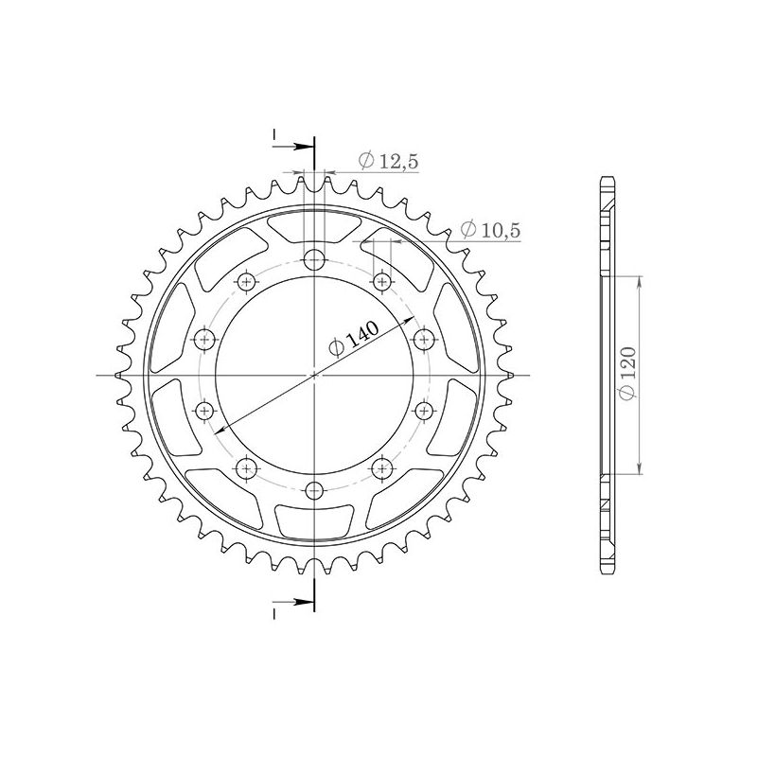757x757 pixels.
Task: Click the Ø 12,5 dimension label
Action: (x=388, y=162)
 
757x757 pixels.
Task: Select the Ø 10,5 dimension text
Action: (x=490, y=229)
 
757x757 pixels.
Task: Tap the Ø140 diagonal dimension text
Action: (x=355, y=338)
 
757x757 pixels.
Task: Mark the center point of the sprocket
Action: (x=314, y=375)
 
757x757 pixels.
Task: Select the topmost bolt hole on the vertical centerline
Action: (x=314, y=260)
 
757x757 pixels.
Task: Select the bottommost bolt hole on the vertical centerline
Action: (x=314, y=489)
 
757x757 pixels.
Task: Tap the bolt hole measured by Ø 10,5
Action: (x=383, y=281)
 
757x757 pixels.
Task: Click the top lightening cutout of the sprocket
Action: (x=314, y=228)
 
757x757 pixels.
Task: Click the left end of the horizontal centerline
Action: (x=97, y=375)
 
